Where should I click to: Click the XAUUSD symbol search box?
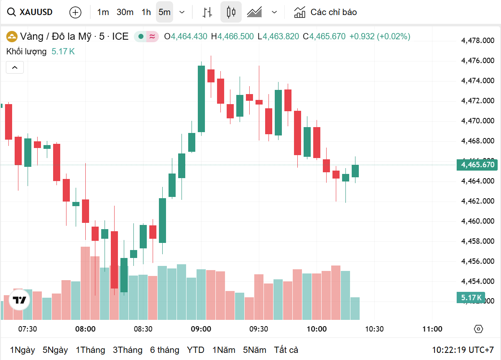click(31, 12)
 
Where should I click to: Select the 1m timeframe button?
click(103, 12)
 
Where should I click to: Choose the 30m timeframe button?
click(125, 12)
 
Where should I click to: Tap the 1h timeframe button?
click(146, 12)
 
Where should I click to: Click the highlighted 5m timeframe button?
click(164, 12)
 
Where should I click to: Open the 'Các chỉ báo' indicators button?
click(325, 12)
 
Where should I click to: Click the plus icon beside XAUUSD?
click(75, 12)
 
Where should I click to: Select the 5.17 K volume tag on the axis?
click(471, 298)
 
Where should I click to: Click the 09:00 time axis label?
click(201, 329)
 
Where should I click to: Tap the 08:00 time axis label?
click(85, 329)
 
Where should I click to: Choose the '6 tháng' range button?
click(165, 350)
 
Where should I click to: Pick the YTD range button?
click(196, 350)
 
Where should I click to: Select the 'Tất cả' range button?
click(286, 350)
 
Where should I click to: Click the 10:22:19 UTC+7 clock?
click(463, 350)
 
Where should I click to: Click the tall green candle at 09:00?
click(202, 99)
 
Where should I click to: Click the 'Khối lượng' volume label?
click(26, 52)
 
